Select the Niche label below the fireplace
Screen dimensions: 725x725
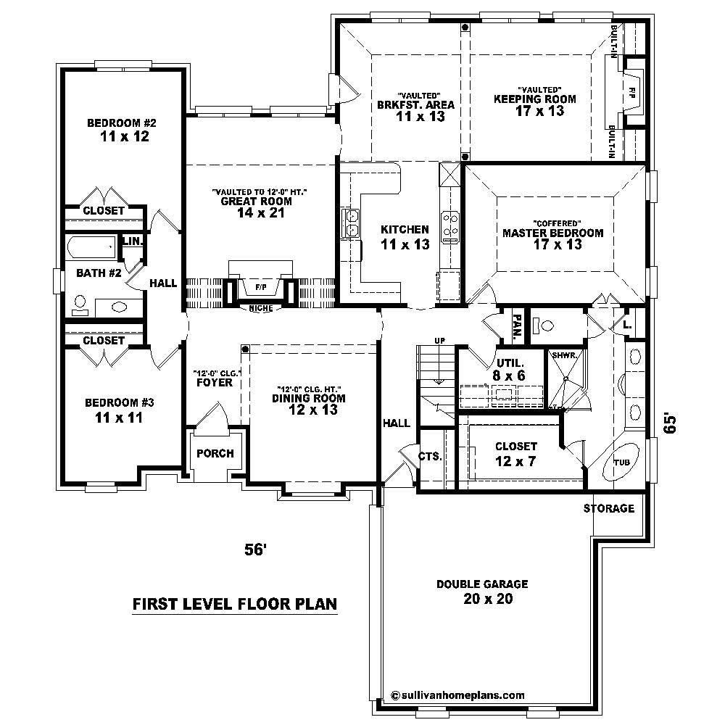tap(260, 308)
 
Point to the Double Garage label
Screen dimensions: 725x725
tap(481, 584)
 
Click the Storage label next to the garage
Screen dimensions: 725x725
tap(609, 508)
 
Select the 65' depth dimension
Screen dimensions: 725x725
tap(671, 425)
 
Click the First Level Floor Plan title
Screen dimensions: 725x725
tap(235, 604)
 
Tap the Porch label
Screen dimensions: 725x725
tap(215, 454)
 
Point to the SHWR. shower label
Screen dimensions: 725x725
tap(565, 355)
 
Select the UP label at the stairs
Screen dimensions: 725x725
tap(438, 340)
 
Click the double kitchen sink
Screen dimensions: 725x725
tap(352, 223)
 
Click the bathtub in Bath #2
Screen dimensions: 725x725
tap(91, 247)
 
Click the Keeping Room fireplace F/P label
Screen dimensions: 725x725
tap(632, 92)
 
